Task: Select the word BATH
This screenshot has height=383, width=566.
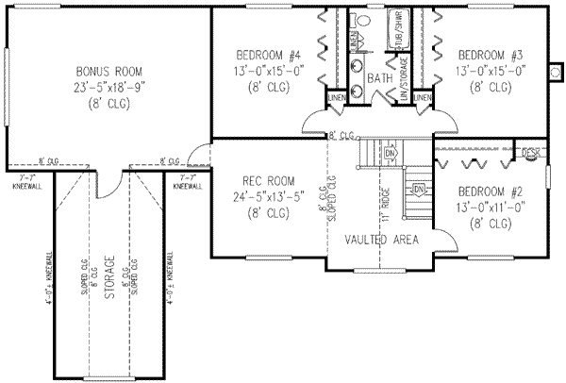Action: click(x=381, y=77)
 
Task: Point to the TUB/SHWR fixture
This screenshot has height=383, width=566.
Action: click(x=397, y=40)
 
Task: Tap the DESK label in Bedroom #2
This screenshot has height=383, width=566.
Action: click(x=530, y=153)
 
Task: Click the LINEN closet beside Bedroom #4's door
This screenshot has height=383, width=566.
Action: click(x=337, y=98)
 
